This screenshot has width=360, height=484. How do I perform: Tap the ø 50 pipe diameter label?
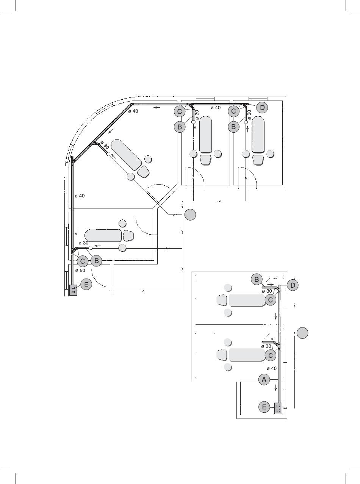[80, 270]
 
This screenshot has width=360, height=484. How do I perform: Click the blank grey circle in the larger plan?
[190, 215]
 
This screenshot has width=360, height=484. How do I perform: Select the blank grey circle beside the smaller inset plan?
[302, 333]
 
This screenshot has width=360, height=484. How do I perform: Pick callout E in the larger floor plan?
[86, 284]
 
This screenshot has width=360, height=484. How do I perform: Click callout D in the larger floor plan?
[262, 107]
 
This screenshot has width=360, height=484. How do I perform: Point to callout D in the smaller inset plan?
[293, 285]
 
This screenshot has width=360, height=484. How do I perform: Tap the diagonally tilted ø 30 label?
[105, 145]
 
